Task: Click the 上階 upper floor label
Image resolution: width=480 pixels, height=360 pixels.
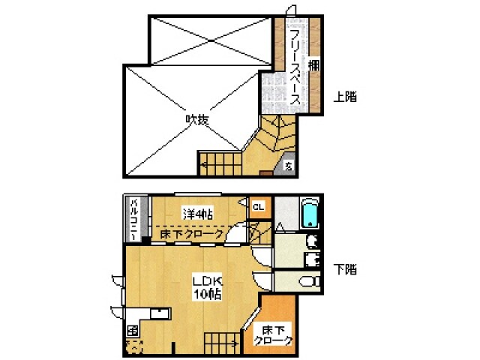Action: click(x=346, y=97)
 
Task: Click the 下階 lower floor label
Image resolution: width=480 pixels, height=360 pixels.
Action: click(x=346, y=268)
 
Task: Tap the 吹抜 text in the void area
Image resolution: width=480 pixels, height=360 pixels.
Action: click(x=197, y=119)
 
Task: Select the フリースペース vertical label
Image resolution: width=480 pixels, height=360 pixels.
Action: click(x=295, y=67)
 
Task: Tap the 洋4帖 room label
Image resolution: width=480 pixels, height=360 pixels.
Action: click(x=197, y=214)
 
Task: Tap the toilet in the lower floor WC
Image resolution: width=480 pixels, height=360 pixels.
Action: click(x=310, y=282)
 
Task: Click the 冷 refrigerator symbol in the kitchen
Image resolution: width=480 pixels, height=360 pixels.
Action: click(x=132, y=331)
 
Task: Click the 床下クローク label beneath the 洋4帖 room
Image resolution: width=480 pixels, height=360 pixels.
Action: click(x=192, y=234)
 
